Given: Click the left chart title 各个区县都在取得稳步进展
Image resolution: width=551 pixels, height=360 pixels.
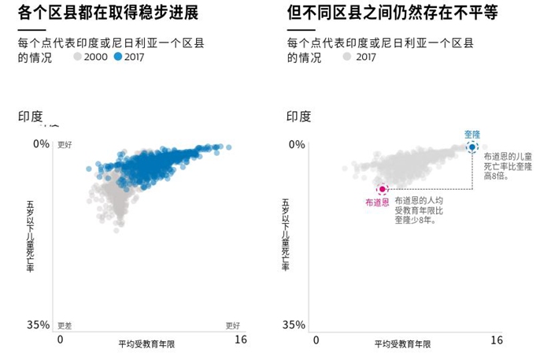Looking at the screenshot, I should coord(108,13).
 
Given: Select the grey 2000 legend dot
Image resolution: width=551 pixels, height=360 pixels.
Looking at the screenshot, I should coord(77,57).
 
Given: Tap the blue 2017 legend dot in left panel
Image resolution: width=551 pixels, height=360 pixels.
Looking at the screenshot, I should coord(118,57).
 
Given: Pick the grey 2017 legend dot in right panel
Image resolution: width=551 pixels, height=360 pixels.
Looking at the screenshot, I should coord(346,57).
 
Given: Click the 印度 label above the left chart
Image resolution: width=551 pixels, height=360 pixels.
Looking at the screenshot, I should coord(31,117).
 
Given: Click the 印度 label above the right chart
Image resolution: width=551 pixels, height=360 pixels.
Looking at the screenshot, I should coord(299,117).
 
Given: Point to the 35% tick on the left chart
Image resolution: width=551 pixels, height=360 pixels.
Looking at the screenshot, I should coord(37,325).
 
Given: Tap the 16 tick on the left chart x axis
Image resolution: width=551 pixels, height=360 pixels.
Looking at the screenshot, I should coord(241,340).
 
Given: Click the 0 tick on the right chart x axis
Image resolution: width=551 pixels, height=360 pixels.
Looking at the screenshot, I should coord(316,340).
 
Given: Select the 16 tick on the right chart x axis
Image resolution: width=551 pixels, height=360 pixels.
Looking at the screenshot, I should coord(497,340).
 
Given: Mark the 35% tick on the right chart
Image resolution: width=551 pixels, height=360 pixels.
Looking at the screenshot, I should coord(294,325).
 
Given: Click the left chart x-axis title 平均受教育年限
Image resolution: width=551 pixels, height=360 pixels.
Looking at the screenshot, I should coord(147,344).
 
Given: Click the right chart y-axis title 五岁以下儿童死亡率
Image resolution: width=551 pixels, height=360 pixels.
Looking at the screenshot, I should coord(285,235).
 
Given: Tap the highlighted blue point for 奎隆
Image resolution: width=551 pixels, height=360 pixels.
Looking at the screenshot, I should coord(471,147).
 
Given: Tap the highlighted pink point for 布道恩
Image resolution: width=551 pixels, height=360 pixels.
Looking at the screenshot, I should coord(383,189).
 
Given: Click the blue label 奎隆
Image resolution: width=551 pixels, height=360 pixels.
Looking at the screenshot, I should coord(471,134).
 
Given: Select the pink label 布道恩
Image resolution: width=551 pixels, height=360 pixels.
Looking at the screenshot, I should coord(377,203).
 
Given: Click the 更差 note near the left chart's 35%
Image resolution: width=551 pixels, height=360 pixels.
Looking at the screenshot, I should coord(65,325).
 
